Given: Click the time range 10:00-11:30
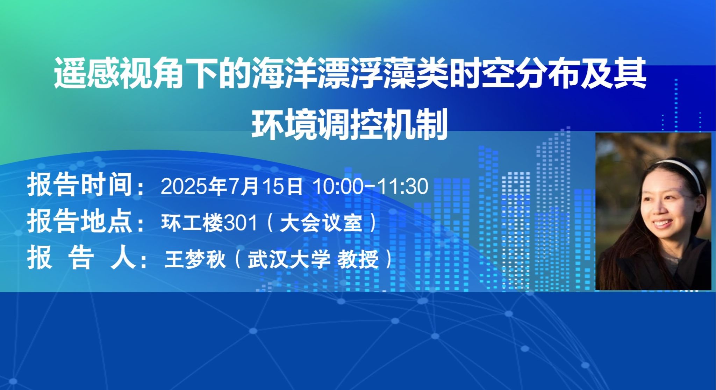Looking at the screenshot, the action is (x=371, y=186).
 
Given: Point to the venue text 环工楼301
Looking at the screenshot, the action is (x=209, y=223).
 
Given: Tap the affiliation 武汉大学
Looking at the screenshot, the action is (x=289, y=260).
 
